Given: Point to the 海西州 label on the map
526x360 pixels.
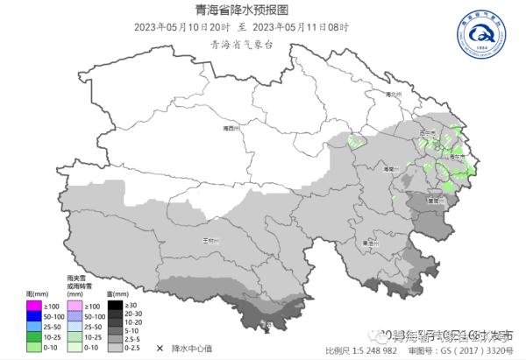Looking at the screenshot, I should pos(231,128).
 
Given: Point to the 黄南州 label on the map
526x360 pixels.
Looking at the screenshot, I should pos(431,200).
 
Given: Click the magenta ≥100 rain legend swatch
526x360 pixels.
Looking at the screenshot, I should pos(33,306).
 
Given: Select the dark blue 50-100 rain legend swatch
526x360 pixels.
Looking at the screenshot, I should pos(33,316).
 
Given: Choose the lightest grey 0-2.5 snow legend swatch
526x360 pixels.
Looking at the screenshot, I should pos(115,348).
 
